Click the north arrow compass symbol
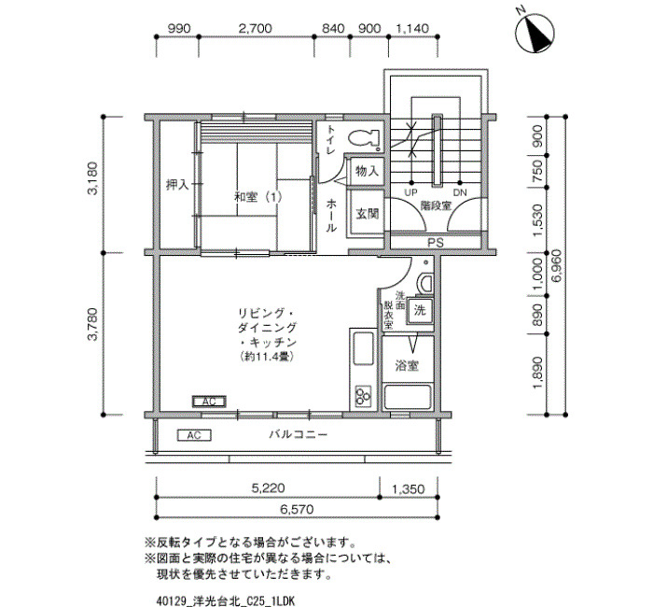535,33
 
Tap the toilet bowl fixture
364,138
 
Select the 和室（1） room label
258,197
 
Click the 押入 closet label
177,184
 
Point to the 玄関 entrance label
368,214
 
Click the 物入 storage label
368,170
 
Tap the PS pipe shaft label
436,242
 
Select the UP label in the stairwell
411,192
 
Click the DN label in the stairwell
460,192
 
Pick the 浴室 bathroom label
407,366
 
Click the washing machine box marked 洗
420,310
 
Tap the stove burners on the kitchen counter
363,395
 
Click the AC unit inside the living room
209,402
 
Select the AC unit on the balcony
194,435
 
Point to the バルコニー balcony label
299,435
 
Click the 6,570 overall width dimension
297,510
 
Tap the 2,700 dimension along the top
256,28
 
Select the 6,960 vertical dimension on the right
558,265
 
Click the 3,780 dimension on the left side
92,324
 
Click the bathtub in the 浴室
407,397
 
